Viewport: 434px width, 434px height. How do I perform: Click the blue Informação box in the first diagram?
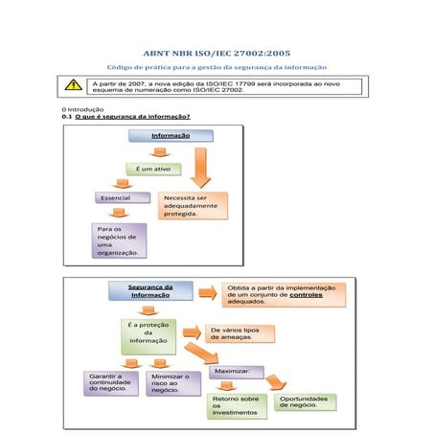[x=171, y=136]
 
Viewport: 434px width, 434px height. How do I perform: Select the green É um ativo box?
[x=152, y=170]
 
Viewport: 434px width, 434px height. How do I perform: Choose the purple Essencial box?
[x=121, y=197]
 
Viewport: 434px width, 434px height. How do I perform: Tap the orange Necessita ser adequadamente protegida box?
[x=191, y=206]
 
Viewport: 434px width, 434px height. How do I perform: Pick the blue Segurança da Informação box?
[x=150, y=290]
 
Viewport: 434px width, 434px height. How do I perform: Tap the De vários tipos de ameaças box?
[x=240, y=333]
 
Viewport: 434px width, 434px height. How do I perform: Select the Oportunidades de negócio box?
[x=305, y=401]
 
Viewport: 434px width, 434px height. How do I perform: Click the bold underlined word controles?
[x=306, y=294]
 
